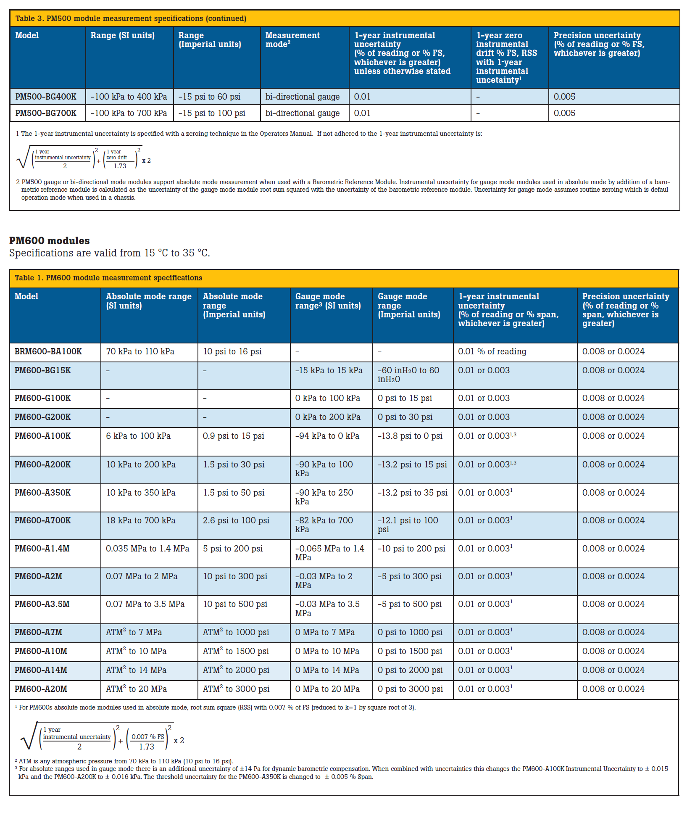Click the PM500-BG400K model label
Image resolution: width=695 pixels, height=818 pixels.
point(46,97)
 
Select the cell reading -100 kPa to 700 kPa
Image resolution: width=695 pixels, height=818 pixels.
point(129,113)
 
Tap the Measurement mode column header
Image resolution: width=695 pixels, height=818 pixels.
point(292,40)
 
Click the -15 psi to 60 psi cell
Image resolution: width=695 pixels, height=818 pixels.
point(209,97)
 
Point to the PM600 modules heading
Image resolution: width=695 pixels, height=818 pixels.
point(50,240)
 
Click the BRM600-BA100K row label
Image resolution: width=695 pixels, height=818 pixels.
point(48,351)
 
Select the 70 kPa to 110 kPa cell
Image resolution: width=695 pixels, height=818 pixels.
point(140,351)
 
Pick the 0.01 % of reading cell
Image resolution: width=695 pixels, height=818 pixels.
point(492,351)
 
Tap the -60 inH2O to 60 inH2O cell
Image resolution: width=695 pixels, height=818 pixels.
point(408,375)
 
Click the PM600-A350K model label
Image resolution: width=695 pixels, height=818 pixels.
point(42,493)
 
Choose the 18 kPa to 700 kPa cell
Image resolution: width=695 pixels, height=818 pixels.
point(141,520)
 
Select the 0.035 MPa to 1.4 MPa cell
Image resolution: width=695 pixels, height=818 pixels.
point(147,549)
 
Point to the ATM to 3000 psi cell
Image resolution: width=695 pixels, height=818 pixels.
point(236,689)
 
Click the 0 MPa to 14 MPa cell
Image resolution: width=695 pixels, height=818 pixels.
point(327,670)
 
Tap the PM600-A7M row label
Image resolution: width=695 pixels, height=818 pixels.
point(38,632)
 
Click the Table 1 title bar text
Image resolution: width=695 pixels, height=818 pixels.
point(108,278)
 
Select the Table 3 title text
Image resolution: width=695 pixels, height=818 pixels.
point(131,18)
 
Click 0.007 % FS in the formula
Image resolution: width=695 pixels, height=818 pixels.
point(147,736)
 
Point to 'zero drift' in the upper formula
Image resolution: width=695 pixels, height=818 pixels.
point(116,158)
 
